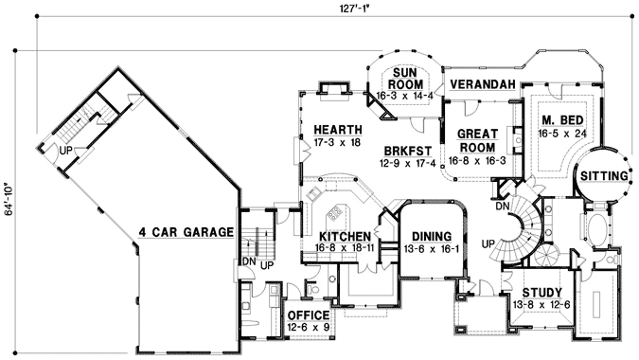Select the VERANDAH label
(481, 84)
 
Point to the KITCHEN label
(342, 236)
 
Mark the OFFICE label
(307, 315)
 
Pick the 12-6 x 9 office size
(307, 328)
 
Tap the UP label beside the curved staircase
(489, 243)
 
